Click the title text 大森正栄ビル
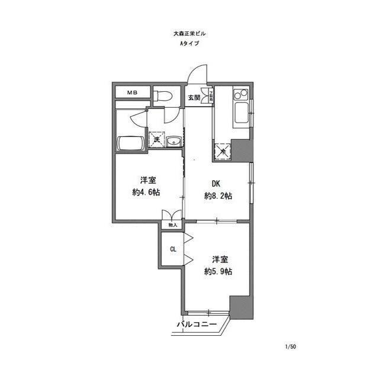(x=189, y=34)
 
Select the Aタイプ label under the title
(x=189, y=44)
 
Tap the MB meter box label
(x=130, y=93)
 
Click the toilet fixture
(x=163, y=95)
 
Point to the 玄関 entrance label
(x=194, y=97)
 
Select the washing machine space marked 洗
(x=158, y=140)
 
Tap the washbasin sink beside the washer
(x=175, y=141)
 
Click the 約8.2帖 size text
(x=217, y=196)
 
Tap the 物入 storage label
(x=173, y=225)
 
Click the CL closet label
(x=173, y=249)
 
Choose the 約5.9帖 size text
(x=217, y=271)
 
